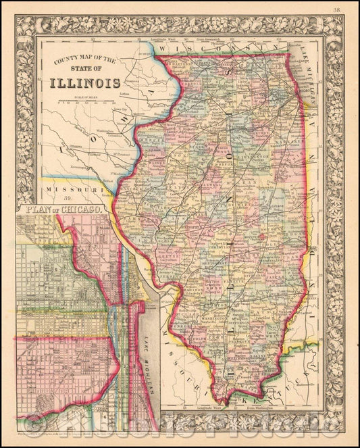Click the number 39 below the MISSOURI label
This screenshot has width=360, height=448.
pos(67,197)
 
